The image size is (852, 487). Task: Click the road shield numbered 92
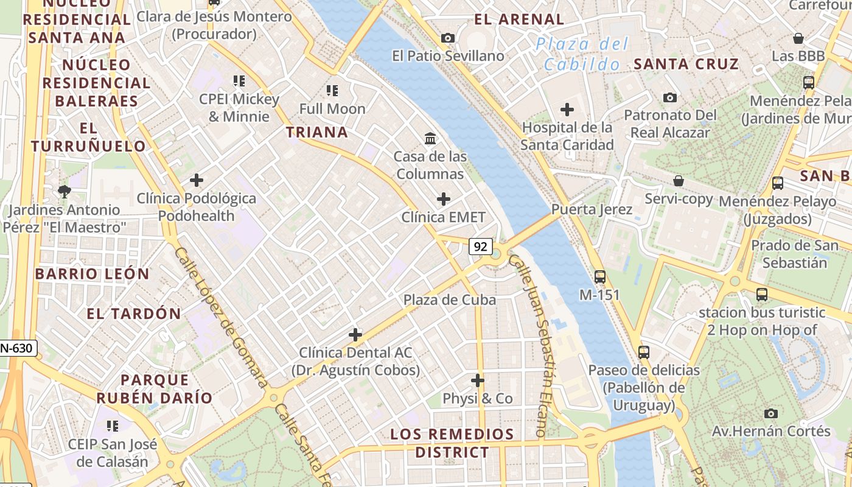click(x=481, y=247)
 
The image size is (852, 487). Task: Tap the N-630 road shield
click(x=17, y=348)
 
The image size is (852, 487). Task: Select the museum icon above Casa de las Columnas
click(x=431, y=139)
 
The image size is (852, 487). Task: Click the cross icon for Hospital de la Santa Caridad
click(x=567, y=110)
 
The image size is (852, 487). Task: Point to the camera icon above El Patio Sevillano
click(x=448, y=38)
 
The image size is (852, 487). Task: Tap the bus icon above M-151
click(x=600, y=277)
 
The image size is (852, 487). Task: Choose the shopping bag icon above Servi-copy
click(x=678, y=181)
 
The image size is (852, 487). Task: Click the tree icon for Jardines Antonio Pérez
click(x=64, y=192)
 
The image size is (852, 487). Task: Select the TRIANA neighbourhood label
click(x=317, y=132)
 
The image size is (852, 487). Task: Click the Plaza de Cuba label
click(x=450, y=300)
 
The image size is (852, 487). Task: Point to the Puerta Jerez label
click(x=592, y=209)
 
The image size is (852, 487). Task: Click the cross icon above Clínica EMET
click(x=444, y=199)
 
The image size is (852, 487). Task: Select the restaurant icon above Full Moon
click(x=332, y=91)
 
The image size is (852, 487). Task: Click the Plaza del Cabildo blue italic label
click(x=582, y=54)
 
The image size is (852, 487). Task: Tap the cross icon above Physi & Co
click(x=478, y=381)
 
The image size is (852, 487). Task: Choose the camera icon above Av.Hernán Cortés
click(x=771, y=413)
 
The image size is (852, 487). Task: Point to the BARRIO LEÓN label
click(x=92, y=274)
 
